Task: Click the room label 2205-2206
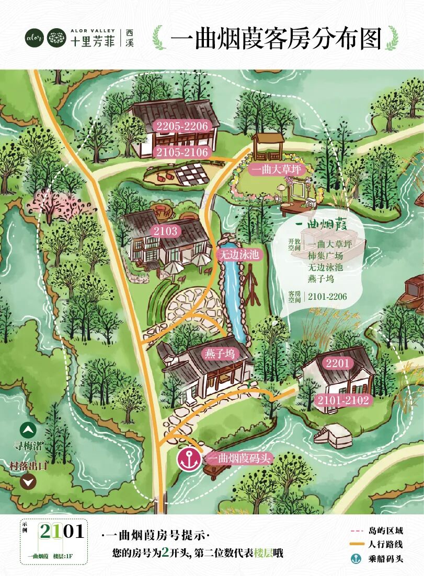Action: coord(181,125)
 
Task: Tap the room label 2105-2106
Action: coord(181,152)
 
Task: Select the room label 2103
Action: coord(166,231)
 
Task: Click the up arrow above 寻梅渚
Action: coord(28,431)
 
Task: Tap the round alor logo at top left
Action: coord(35,38)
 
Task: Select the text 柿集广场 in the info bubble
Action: coord(325,256)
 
